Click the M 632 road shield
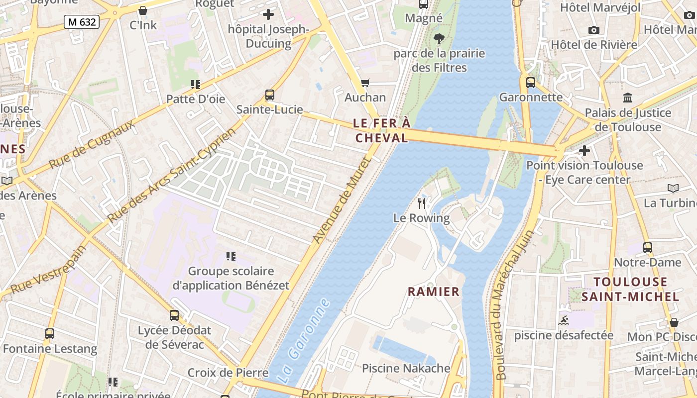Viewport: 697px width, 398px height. coord(82,21)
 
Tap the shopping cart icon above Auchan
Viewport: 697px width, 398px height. coord(365,83)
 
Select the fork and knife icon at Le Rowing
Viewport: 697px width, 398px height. coord(422,203)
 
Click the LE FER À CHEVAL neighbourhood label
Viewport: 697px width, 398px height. coord(382,130)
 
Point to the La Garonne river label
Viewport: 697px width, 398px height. coord(303,340)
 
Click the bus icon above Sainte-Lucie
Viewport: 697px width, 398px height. coord(269,95)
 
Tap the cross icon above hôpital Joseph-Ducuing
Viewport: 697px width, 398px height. coord(268,14)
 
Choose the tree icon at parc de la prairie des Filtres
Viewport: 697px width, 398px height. coord(439,38)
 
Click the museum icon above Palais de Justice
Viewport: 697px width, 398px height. coord(627,98)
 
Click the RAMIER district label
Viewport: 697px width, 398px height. coord(434,292)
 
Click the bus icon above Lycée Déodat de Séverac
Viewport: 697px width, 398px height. coord(174,315)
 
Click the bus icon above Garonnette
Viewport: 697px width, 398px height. coord(531,82)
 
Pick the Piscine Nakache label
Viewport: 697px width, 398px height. coord(406,368)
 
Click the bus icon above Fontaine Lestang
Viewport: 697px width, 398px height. coord(50,333)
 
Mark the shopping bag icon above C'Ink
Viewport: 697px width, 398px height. coord(143,10)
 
